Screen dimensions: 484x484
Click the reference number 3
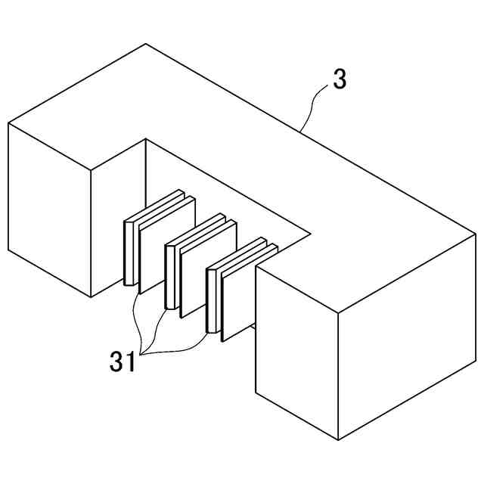point(340,79)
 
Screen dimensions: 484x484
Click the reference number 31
point(122,361)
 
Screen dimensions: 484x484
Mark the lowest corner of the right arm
point(337,439)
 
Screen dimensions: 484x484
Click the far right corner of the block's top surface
point(476,234)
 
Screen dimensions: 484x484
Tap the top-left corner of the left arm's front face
point(8,123)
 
